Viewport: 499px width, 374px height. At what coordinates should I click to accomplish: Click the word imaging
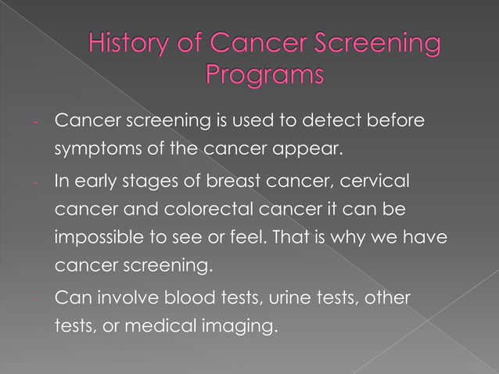coord(242,324)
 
